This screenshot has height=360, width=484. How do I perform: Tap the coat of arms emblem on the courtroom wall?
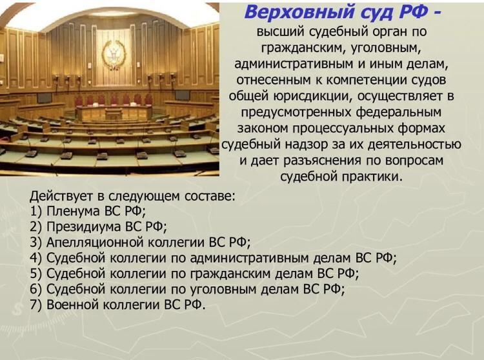114,55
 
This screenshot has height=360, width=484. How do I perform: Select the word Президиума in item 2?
83,226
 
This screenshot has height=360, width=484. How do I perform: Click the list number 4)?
35,258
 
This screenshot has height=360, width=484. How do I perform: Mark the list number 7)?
35,305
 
